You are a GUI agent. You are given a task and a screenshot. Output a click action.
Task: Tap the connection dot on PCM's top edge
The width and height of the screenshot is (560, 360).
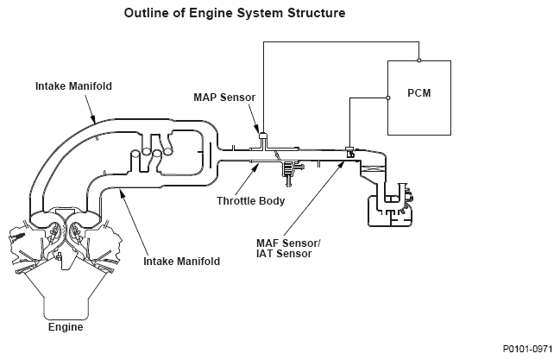coord(418,60)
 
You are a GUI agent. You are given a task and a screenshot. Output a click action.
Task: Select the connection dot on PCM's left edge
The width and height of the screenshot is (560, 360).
coord(387,98)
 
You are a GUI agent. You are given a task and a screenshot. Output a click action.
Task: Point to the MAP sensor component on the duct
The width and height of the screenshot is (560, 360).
coord(263,136)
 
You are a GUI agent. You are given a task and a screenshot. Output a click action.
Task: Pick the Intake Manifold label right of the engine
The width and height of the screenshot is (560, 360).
coord(182,260)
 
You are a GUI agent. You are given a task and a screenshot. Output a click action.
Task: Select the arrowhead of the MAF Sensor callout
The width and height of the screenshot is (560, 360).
coord(348,159)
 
